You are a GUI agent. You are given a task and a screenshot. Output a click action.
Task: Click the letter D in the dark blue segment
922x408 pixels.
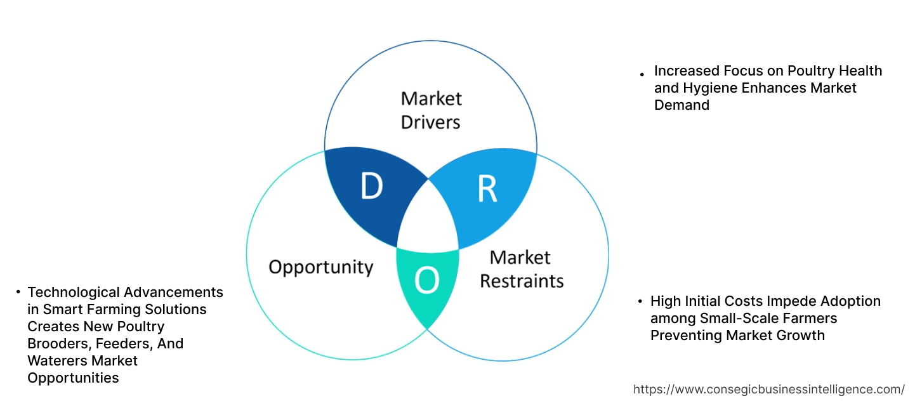point(371,185)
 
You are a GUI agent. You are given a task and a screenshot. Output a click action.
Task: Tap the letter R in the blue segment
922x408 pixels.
point(487,188)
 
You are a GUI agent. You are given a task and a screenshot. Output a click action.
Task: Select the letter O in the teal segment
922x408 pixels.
point(427,280)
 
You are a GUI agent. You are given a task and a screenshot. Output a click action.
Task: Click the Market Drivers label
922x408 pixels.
point(431,110)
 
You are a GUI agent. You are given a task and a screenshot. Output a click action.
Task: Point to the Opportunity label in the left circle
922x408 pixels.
point(320,267)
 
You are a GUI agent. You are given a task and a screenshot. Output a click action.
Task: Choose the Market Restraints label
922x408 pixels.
point(521,268)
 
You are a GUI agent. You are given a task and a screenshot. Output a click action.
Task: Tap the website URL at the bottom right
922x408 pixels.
point(769,389)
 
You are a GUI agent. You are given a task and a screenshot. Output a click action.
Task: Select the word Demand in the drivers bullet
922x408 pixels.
point(682,105)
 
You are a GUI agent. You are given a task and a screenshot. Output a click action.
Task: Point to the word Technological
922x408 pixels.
point(74,292)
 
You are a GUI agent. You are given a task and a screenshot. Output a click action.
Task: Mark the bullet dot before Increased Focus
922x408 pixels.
point(643,74)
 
